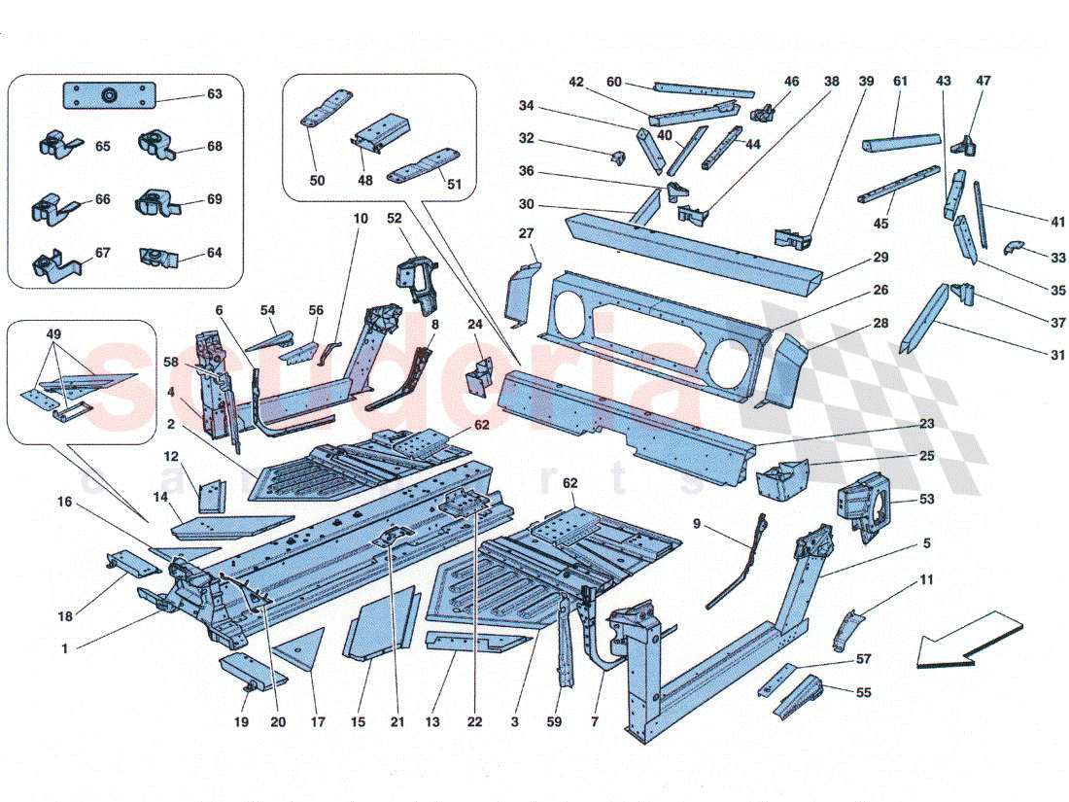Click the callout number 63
(214, 94)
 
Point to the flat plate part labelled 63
(109, 96)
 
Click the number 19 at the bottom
(241, 722)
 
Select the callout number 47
(983, 82)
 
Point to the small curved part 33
(1014, 245)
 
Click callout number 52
(394, 218)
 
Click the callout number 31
(1029, 356)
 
